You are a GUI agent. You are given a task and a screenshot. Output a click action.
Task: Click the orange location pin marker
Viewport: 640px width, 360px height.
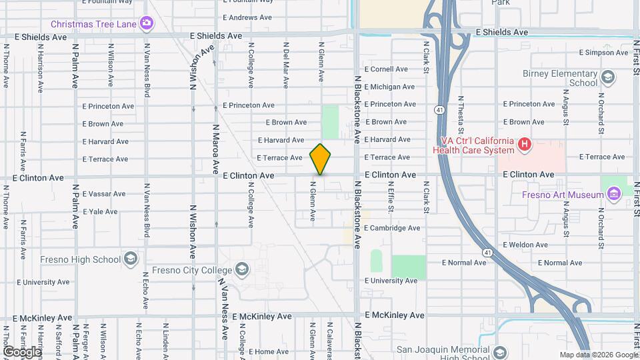tap(321, 159)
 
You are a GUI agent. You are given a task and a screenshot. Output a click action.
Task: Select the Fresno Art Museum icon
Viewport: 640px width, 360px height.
tap(613, 195)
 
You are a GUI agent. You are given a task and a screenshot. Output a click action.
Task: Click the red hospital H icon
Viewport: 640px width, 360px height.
tap(525, 143)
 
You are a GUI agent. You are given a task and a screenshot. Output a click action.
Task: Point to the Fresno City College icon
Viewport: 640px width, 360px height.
tap(241, 270)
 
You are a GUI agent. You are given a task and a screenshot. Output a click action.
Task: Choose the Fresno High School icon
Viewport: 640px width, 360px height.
tap(131, 259)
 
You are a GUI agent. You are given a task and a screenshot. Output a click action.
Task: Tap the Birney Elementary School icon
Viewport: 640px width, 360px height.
tap(607, 78)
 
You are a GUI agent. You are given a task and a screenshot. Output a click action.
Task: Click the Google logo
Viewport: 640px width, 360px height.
tap(22, 351)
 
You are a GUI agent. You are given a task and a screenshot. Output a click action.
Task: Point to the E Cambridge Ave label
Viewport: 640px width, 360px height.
tap(392, 228)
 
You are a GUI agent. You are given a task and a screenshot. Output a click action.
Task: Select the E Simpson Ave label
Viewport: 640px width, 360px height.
tap(604, 52)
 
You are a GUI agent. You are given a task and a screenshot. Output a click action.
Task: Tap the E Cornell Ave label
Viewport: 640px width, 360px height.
tap(385, 69)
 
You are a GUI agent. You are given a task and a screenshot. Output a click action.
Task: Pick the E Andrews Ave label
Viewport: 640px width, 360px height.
tap(247, 17)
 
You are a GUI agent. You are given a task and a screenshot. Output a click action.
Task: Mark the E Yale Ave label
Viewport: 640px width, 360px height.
tap(100, 212)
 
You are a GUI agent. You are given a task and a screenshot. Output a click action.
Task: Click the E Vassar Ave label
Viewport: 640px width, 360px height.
tap(104, 194)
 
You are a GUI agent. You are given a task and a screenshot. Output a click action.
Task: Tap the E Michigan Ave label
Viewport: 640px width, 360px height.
tap(389, 87)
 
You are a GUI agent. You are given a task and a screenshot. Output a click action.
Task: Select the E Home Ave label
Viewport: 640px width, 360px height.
tap(269, 351)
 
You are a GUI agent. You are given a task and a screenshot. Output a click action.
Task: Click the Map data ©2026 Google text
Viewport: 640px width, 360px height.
tap(598, 355)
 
